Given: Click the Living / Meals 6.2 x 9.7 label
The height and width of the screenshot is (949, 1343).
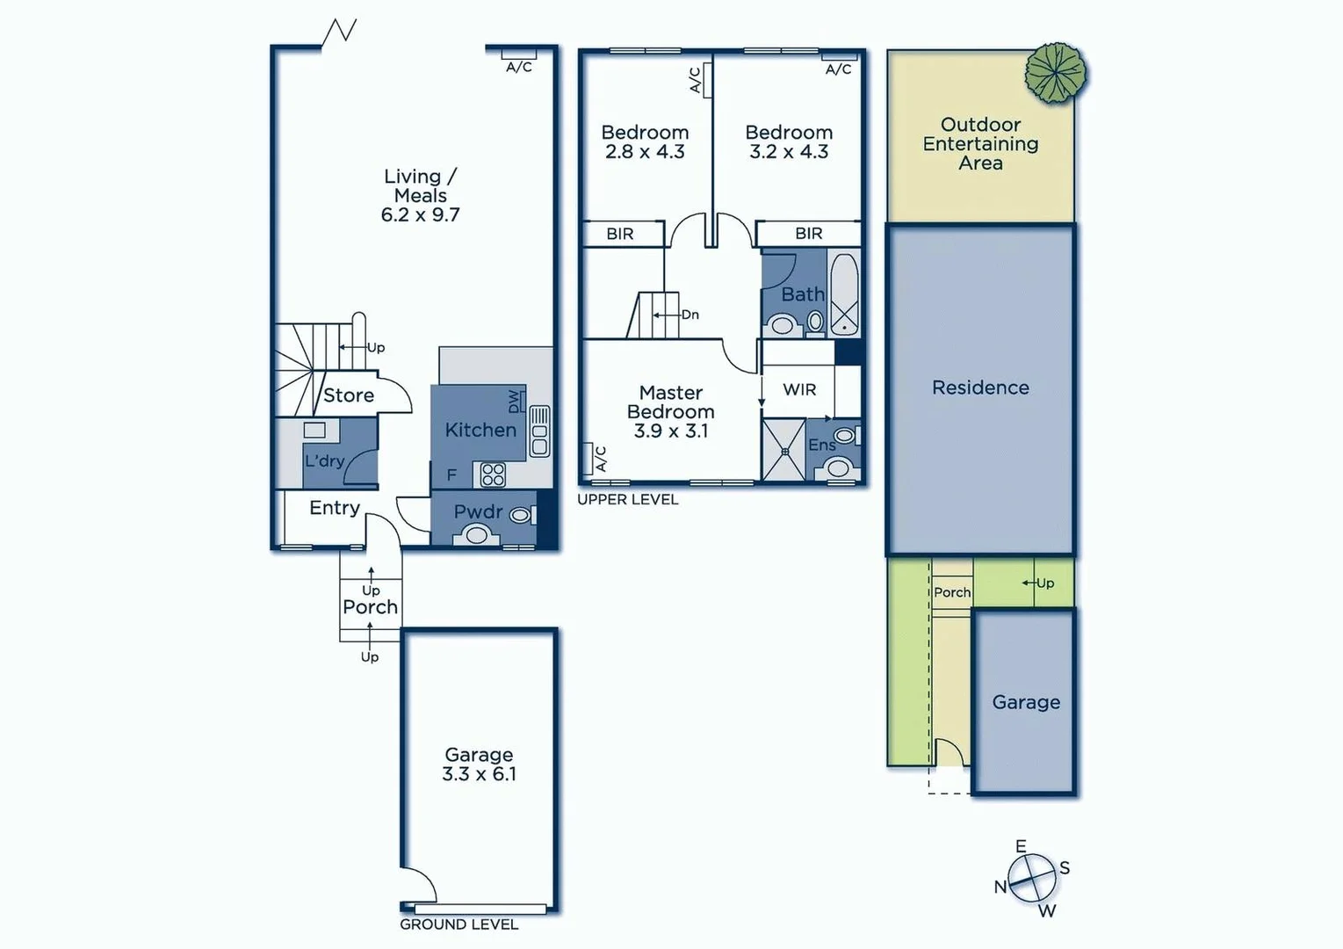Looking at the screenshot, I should [x=420, y=195].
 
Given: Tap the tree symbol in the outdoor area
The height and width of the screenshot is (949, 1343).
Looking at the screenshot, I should [x=1055, y=72].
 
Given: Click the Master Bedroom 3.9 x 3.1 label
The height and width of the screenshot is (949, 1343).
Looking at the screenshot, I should [x=671, y=411].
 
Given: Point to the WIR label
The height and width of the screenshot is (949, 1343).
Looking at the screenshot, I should [x=798, y=389].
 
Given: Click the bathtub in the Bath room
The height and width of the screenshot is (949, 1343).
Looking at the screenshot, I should [x=844, y=293].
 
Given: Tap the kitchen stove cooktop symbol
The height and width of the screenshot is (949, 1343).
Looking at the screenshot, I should [x=493, y=474].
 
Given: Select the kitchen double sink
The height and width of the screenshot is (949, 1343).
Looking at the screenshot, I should [x=538, y=431].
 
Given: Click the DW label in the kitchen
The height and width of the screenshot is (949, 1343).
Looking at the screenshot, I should [x=514, y=402].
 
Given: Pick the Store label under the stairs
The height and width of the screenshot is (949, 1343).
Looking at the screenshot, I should [x=348, y=395].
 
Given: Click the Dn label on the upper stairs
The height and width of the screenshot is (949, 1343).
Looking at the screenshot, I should [x=690, y=315].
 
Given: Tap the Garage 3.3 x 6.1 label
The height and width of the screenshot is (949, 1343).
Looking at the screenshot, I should [x=479, y=764].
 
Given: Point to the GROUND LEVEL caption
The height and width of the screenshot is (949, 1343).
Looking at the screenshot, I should [x=458, y=924].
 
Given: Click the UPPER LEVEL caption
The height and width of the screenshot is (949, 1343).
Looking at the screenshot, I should [x=627, y=499].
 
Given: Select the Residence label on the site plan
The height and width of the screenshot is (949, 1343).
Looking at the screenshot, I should [x=980, y=388].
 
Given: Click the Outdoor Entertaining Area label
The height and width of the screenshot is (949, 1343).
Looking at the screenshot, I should [x=980, y=143].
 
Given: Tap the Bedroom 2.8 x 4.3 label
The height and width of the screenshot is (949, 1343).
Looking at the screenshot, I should [x=645, y=141].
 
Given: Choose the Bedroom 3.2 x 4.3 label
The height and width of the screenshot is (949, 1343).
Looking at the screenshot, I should [x=789, y=141].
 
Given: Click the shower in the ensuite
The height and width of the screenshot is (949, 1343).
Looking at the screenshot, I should [x=783, y=450].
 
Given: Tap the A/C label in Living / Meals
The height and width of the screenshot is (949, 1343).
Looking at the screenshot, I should [x=518, y=67].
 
